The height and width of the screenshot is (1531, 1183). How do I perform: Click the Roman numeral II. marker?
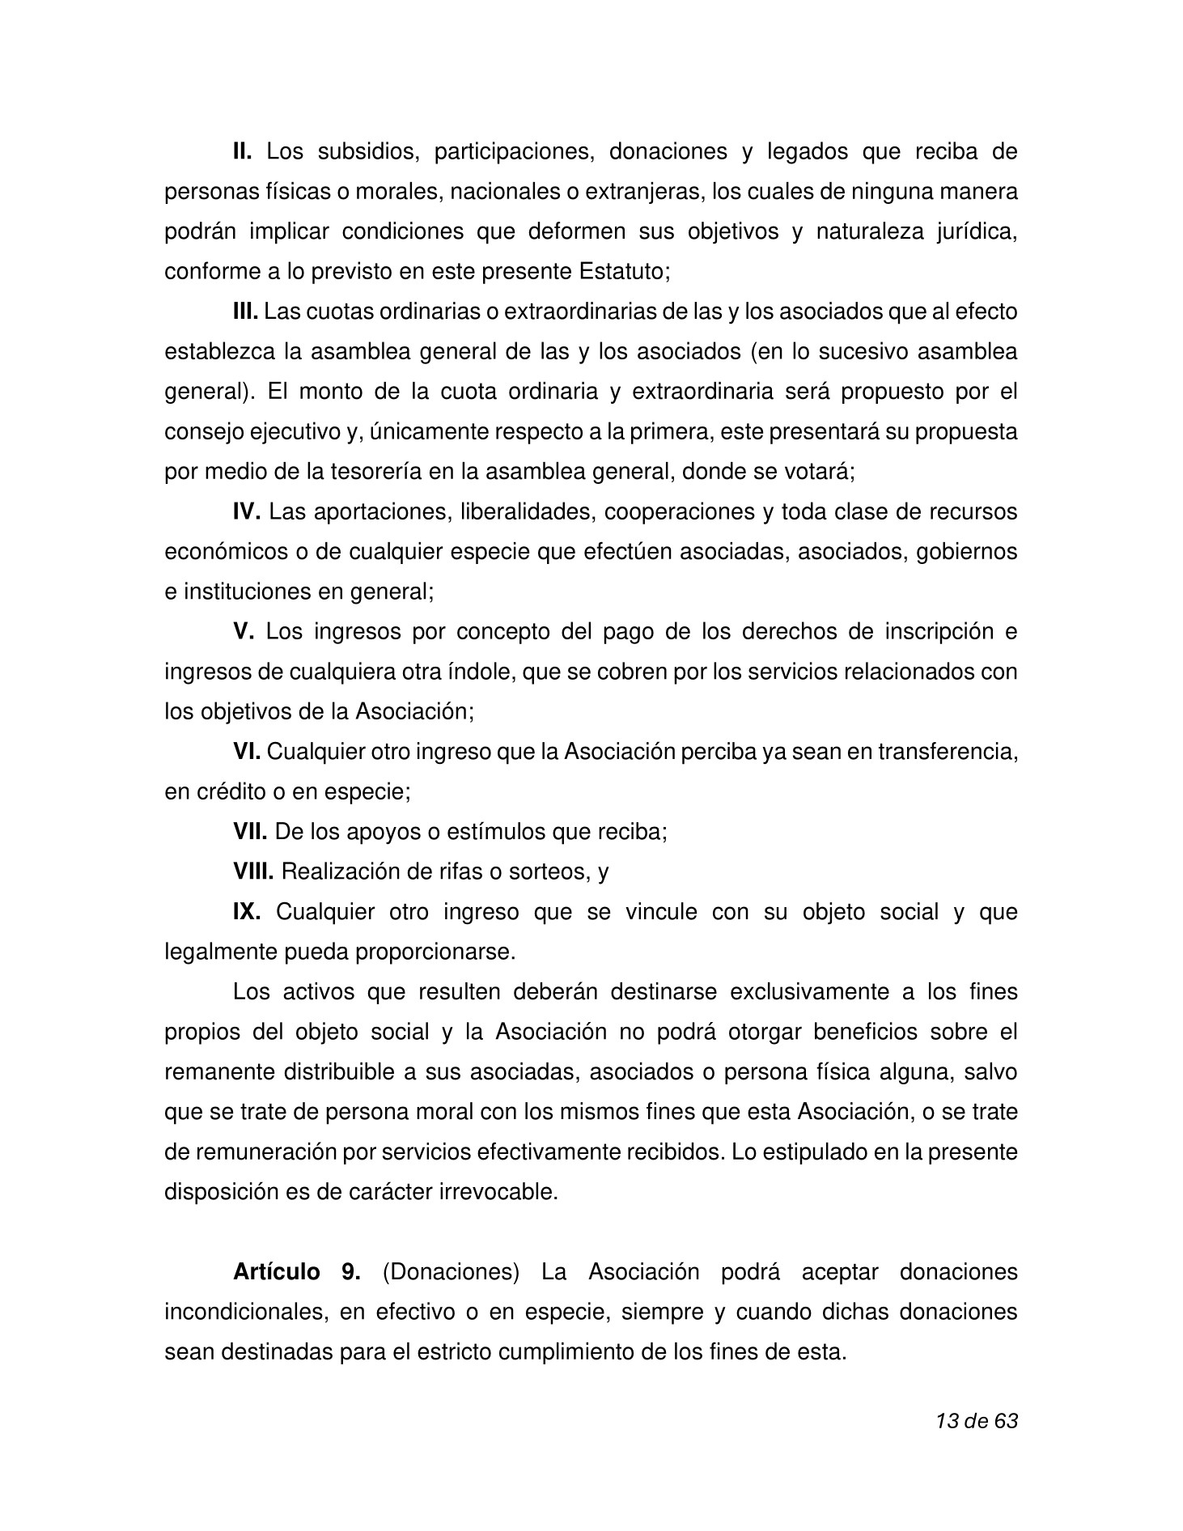tap(243, 151)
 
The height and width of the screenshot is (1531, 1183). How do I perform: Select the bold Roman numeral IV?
tap(246, 511)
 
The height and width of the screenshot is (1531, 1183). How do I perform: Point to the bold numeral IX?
tap(246, 911)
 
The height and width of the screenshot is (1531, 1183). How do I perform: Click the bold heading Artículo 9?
tap(296, 1271)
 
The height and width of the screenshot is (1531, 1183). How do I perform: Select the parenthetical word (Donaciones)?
tap(451, 1271)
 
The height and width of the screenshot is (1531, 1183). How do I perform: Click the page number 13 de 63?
tap(976, 1420)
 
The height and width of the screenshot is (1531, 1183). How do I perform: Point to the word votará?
tap(822, 472)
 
